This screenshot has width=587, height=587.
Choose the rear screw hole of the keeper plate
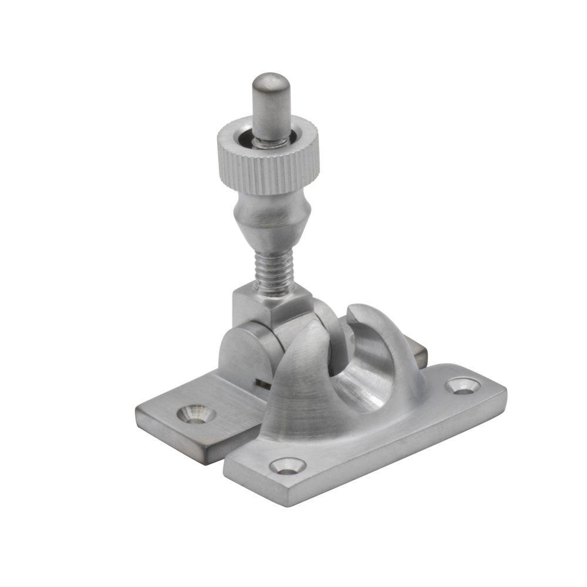[462, 386]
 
